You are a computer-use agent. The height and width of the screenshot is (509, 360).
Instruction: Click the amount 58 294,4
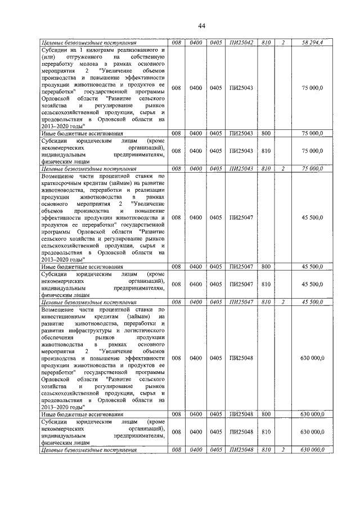pyautogui.click(x=326, y=43)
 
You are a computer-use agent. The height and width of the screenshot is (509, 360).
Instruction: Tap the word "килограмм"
pyautogui.click(x=93, y=50)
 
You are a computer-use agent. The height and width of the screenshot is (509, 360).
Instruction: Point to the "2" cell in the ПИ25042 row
pyautogui.click(x=284, y=43)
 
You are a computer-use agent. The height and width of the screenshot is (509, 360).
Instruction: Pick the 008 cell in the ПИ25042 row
pyautogui.click(x=176, y=43)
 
